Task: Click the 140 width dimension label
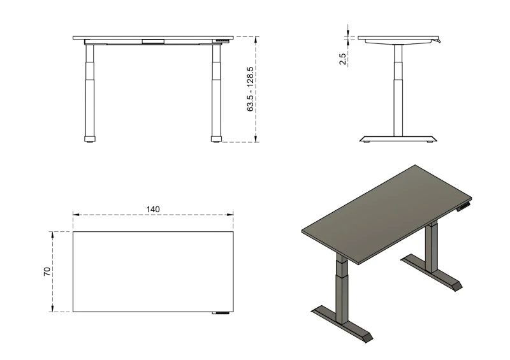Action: pos(153,209)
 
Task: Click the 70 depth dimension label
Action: pos(47,271)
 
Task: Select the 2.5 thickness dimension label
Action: pos(343,59)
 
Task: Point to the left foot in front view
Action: pos(90,138)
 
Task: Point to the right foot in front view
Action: pos(217,138)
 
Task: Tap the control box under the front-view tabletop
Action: pos(153,43)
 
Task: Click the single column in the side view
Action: pos(398,89)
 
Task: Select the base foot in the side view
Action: pos(398,138)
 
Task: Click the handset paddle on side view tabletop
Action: pos(438,41)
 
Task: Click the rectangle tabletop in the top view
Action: pos(153,271)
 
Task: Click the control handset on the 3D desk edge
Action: pos(467,205)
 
